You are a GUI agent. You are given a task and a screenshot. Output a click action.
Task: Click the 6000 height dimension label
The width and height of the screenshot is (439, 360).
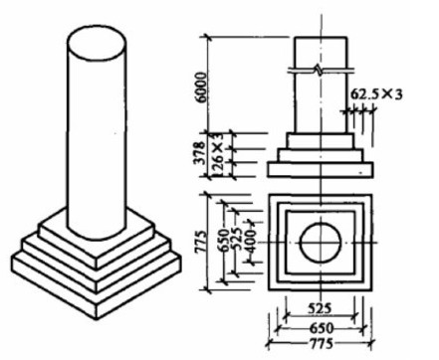click(x=201, y=87)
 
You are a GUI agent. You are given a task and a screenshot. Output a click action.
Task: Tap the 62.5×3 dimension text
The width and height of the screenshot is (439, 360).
click(x=376, y=94)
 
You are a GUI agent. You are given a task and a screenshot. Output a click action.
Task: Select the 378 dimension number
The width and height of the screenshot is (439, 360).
click(x=200, y=153)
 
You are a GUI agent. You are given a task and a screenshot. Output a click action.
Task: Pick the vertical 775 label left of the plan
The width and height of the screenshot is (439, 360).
click(x=201, y=242)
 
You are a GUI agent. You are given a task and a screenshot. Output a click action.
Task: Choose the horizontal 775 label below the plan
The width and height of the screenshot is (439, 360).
click(x=321, y=343)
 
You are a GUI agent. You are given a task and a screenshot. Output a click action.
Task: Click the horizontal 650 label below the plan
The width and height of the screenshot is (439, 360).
click(x=321, y=328)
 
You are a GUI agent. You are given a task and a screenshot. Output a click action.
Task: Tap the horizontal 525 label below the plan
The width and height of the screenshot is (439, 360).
click(x=320, y=308)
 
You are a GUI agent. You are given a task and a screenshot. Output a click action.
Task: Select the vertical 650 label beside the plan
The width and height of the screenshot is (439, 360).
click(x=224, y=241)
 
